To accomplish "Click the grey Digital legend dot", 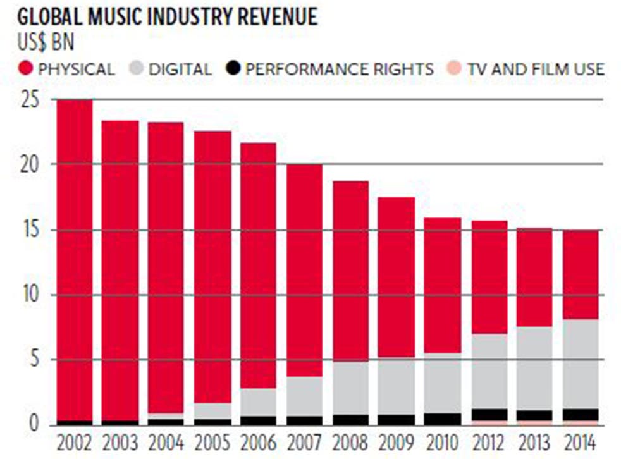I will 137,68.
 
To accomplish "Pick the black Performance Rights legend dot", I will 235,68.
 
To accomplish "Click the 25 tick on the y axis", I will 28,100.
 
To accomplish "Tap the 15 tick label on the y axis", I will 28,230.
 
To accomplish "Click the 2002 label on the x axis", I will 74,441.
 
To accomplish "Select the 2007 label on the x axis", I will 305,441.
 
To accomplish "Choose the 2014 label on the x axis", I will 581,441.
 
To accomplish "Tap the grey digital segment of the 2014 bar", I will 581,364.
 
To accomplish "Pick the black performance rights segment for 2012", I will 489,414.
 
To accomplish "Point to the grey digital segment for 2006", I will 258,401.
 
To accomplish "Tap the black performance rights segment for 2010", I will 443,419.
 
